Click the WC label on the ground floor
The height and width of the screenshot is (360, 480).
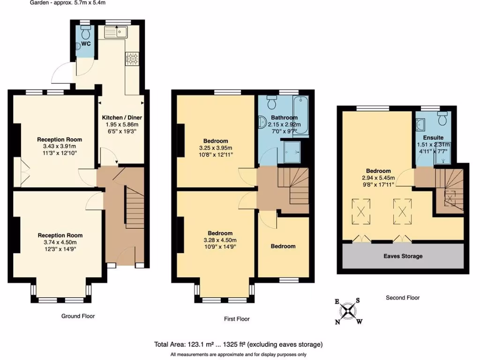pyautogui.click(x=86, y=44)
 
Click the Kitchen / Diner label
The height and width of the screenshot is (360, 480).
pyautogui.click(x=122, y=117)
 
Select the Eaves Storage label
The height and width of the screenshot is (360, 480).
pyautogui.click(x=403, y=256)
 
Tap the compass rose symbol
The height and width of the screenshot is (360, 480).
pyautogui.click(x=348, y=310)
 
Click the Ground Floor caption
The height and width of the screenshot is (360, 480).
pyautogui.click(x=78, y=316)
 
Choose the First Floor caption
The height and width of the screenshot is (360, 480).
pyautogui.click(x=236, y=319)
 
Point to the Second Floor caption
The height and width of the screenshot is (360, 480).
pyautogui.click(x=403, y=298)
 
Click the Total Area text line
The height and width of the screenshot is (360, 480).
pyautogui.click(x=238, y=345)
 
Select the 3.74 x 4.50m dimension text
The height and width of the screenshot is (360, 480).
pyautogui.click(x=60, y=242)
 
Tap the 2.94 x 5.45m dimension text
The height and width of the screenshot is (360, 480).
pyautogui.click(x=379, y=178)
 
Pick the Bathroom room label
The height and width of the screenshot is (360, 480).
pyautogui.click(x=283, y=118)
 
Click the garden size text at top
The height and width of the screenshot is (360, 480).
pyautogui.click(x=68, y=3)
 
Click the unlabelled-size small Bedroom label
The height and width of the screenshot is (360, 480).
pyautogui.click(x=283, y=246)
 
